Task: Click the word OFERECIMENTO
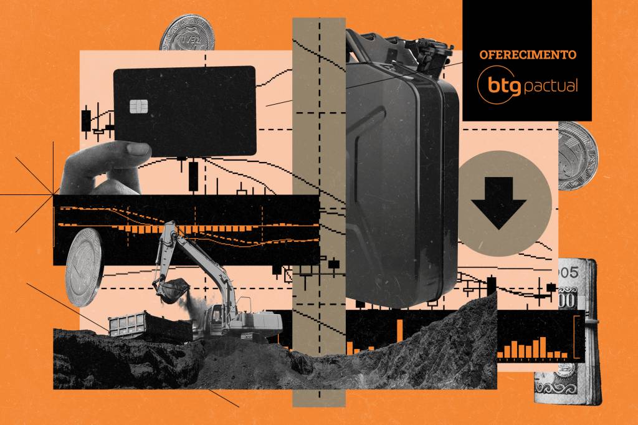(x=528, y=55)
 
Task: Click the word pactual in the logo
(x=550, y=85)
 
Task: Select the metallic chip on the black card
(x=138, y=107)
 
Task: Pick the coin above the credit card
(x=187, y=34)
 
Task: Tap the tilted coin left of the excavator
(x=84, y=267)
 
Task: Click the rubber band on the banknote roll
(x=591, y=322)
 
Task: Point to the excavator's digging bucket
(x=171, y=288)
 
